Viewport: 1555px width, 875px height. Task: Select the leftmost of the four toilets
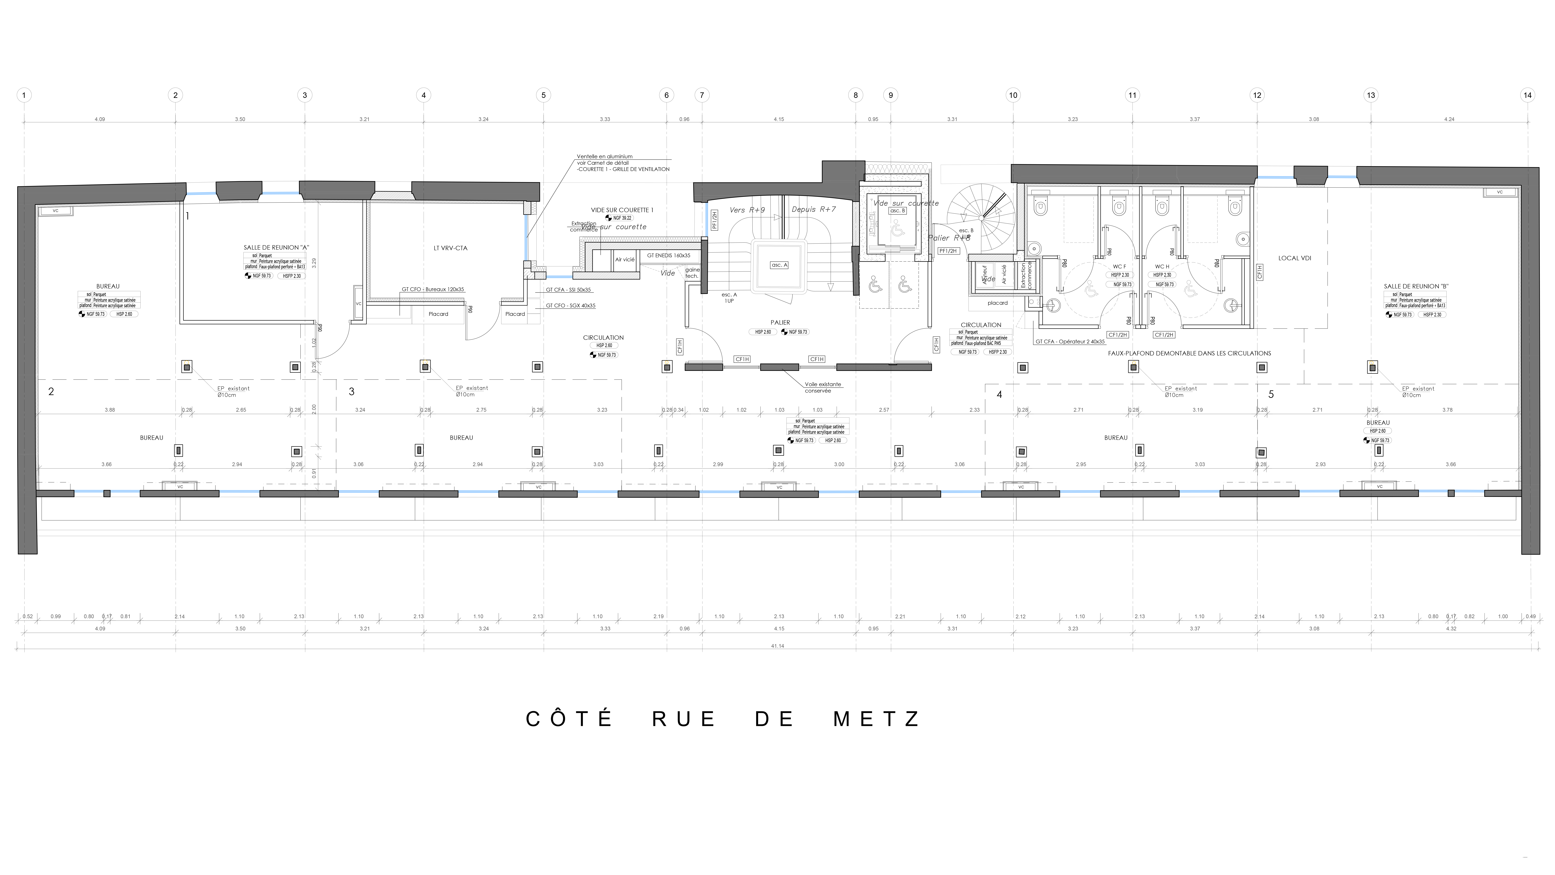pos(1041,206)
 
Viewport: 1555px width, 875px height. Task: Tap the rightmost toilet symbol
pos(1235,206)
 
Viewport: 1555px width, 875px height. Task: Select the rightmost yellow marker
pos(1372,364)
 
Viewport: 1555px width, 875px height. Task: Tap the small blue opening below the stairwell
pos(559,277)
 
